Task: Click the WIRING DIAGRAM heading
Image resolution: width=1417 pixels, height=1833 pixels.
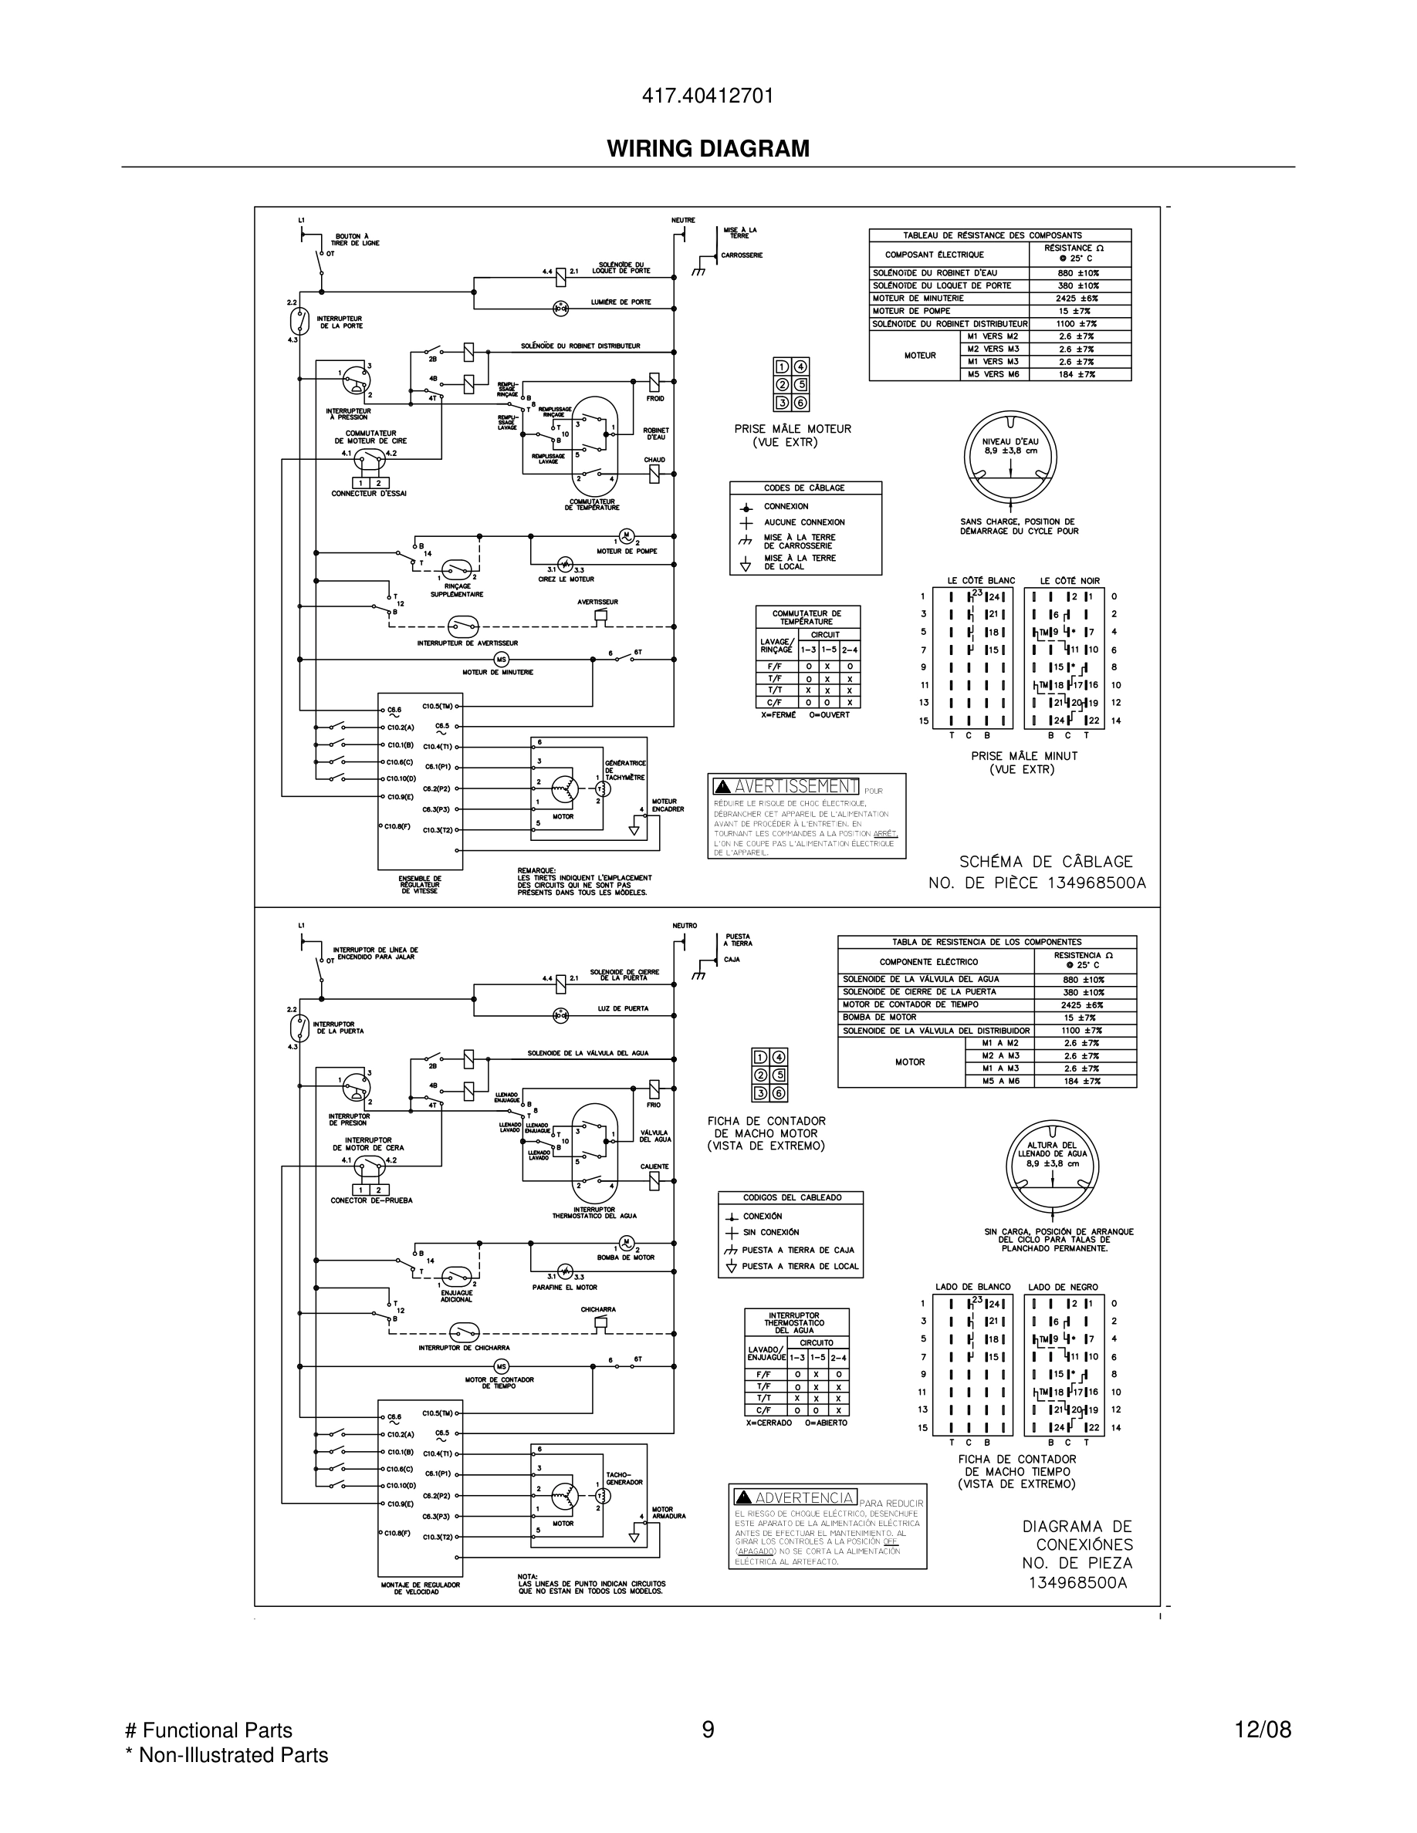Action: click(x=708, y=149)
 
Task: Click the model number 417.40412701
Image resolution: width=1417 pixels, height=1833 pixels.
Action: click(x=708, y=96)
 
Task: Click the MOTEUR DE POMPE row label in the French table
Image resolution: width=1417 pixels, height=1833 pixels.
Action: click(x=911, y=311)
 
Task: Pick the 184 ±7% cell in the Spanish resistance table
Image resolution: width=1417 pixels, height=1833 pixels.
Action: click(x=1083, y=1081)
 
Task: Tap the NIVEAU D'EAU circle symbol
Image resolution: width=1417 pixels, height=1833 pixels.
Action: click(x=1009, y=457)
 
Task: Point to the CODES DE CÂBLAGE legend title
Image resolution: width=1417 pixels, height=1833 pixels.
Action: click(x=804, y=488)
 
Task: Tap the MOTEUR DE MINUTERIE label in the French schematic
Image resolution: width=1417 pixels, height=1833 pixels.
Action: click(x=497, y=672)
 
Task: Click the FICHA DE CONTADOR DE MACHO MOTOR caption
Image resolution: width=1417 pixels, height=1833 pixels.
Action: click(x=766, y=1133)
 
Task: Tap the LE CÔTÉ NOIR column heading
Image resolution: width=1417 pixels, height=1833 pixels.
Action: click(x=1069, y=581)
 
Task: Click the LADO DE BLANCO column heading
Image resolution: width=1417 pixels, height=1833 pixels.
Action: click(x=973, y=1287)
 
